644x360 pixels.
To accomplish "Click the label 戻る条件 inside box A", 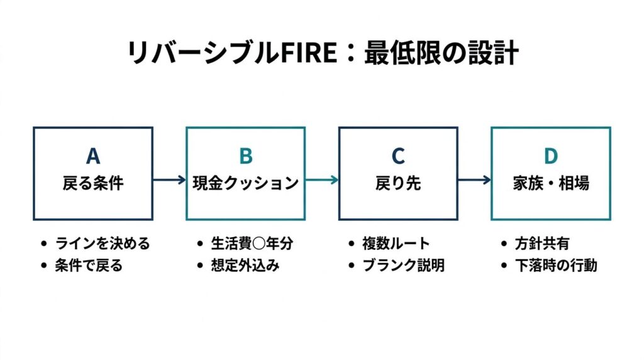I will tap(93, 183).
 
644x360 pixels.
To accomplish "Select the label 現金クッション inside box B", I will tap(246, 183).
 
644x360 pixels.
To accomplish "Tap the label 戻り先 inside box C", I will tap(398, 183).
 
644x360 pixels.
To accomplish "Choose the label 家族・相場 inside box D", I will tap(551, 183).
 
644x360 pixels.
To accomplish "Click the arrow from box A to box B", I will tap(169, 180).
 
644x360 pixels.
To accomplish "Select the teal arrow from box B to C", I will tap(322, 180).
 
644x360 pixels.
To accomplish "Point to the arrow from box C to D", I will tap(474, 180).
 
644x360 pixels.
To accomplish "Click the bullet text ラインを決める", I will tap(103, 244).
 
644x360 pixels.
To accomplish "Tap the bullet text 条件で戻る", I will tap(89, 266).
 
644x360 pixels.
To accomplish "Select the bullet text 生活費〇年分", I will tap(252, 244).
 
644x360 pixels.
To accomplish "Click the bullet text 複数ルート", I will tap(396, 244).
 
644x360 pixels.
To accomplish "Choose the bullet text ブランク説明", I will tap(403, 266).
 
